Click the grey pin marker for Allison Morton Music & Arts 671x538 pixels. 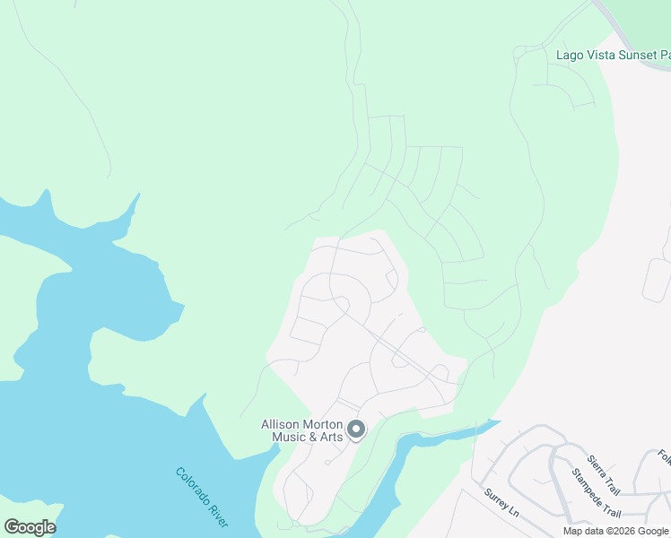[356, 430]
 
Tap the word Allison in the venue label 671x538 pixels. [282, 424]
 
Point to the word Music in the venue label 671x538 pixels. [278, 437]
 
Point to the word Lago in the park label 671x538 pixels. [569, 55]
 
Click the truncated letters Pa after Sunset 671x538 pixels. [665, 55]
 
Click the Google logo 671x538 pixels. [29, 527]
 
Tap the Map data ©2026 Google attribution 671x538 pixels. [616, 531]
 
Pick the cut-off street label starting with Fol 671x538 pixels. [664, 458]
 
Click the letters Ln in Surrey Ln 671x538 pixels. [514, 516]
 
